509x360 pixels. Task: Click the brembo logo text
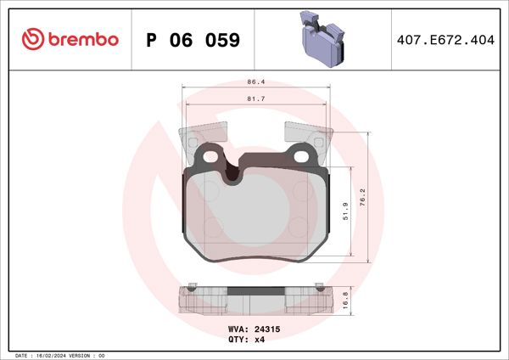[81, 39]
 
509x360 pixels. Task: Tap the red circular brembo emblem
[31, 39]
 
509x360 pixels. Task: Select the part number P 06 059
[193, 40]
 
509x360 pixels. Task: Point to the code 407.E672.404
[444, 40]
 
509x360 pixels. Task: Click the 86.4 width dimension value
[254, 82]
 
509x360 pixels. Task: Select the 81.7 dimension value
[254, 98]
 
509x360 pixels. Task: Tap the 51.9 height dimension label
[343, 210]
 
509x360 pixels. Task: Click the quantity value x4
[260, 340]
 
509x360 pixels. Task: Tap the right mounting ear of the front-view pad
[300, 155]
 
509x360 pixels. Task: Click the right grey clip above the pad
[306, 133]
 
